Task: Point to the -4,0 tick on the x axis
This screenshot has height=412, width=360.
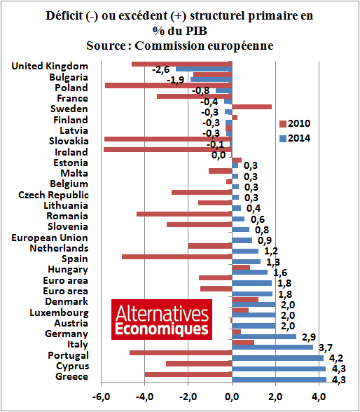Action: (x=145, y=397)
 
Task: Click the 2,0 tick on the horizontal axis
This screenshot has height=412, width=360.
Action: (x=276, y=397)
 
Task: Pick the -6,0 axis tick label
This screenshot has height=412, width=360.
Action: (x=102, y=397)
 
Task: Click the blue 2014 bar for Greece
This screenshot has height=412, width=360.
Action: (x=279, y=380)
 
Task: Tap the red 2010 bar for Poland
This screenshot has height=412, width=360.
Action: (x=168, y=85)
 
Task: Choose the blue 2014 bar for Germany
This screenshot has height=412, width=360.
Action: (x=264, y=336)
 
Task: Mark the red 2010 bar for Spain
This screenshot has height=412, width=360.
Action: (x=176, y=256)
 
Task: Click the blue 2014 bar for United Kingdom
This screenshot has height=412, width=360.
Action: (x=204, y=69)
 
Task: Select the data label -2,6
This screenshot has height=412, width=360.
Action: (x=161, y=70)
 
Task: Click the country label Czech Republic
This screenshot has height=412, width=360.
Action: (x=53, y=195)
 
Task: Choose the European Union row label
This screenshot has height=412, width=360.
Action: (x=50, y=238)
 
